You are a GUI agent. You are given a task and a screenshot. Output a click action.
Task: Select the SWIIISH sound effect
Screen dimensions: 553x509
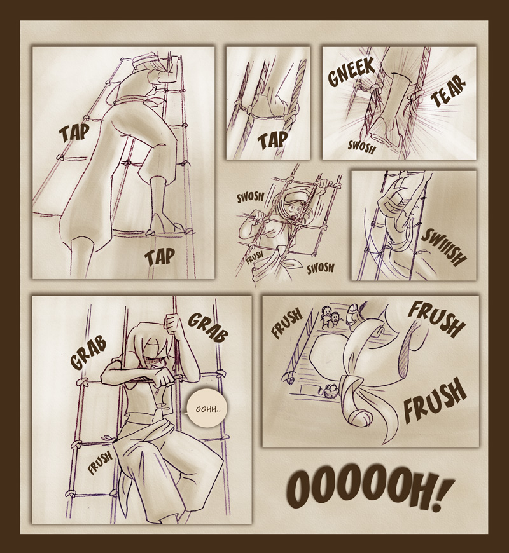(x=445, y=247)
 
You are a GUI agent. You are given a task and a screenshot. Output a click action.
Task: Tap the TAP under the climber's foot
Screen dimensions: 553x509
(x=159, y=257)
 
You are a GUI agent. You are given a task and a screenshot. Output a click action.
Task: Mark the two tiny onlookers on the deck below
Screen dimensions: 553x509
(x=330, y=315)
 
